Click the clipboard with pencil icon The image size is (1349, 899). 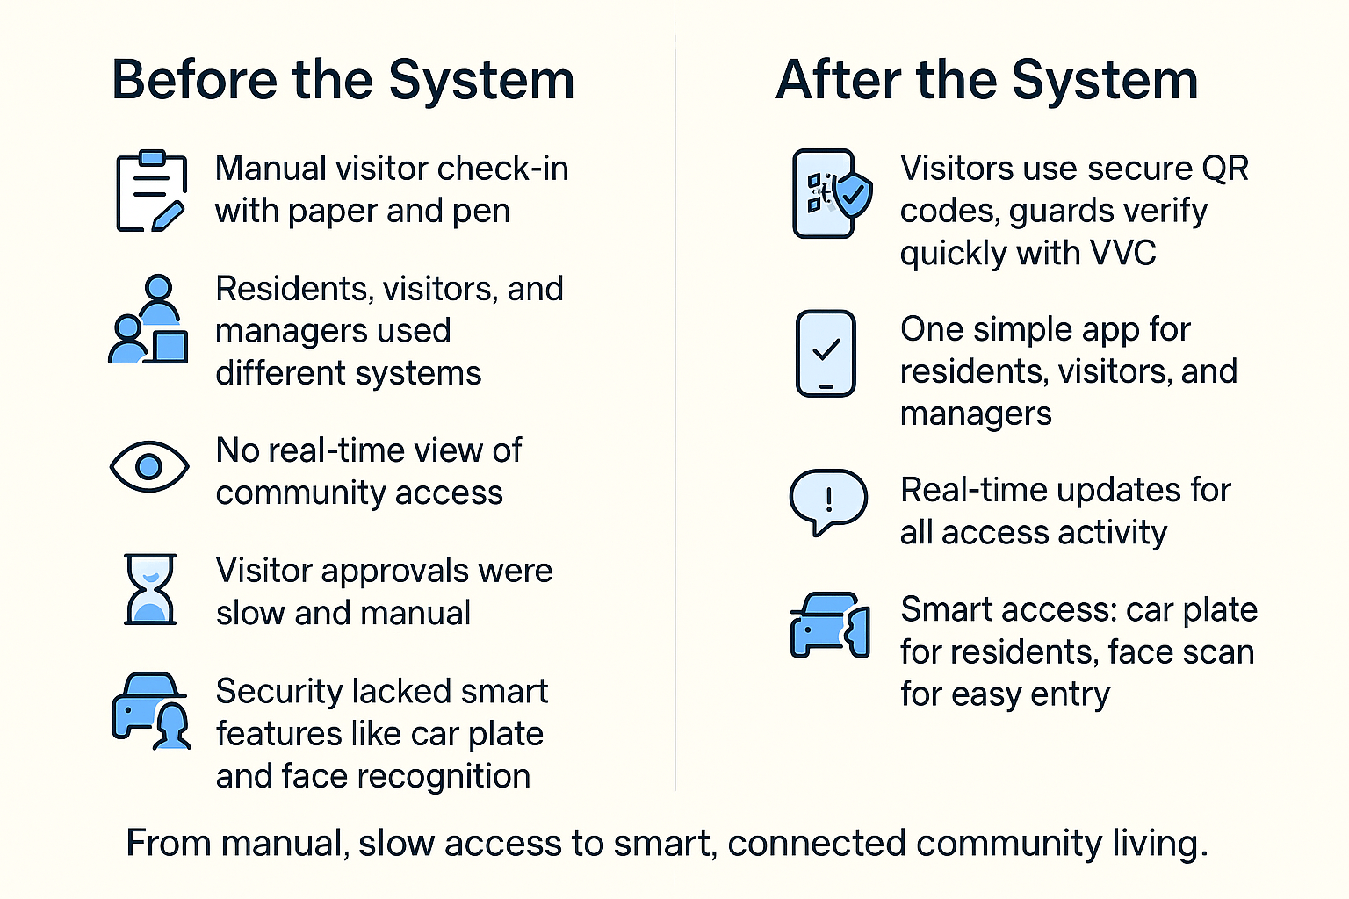click(x=150, y=191)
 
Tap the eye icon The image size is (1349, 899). click(x=149, y=466)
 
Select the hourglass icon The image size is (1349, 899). click(x=150, y=589)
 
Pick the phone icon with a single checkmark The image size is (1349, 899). click(x=826, y=354)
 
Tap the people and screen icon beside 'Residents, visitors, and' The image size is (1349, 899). click(x=148, y=320)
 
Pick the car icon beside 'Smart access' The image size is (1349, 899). click(x=830, y=624)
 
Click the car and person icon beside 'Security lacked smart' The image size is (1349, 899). click(x=150, y=710)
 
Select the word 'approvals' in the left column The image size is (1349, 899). click(x=393, y=572)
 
